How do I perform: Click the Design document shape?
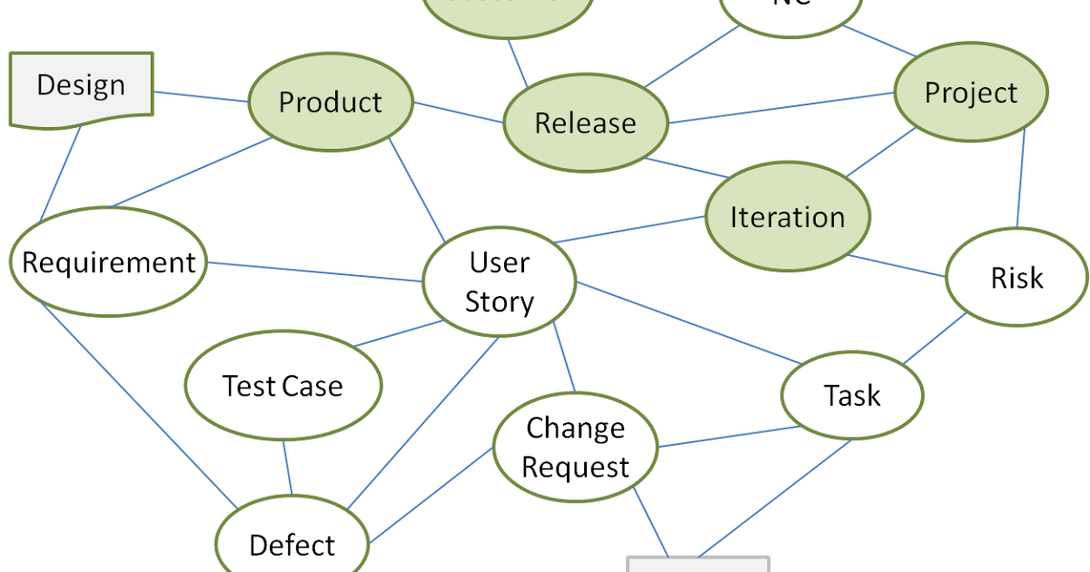pos(81,87)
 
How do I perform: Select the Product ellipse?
pos(331,102)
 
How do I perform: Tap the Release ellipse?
pos(585,123)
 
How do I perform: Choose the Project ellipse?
pos(970,93)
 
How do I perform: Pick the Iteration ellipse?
pos(787,217)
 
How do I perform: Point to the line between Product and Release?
pos(459,113)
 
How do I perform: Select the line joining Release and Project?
pos(781,106)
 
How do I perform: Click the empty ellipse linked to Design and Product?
pos(108,261)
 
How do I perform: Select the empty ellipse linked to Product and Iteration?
pos(499,281)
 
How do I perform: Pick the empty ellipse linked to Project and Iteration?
pos(1016,277)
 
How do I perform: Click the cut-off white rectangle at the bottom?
pos(698,564)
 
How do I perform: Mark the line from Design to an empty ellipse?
pos(60,173)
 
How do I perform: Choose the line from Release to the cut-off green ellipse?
pos(518,64)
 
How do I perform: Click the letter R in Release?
pos(543,123)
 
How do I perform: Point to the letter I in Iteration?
pos(735,217)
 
